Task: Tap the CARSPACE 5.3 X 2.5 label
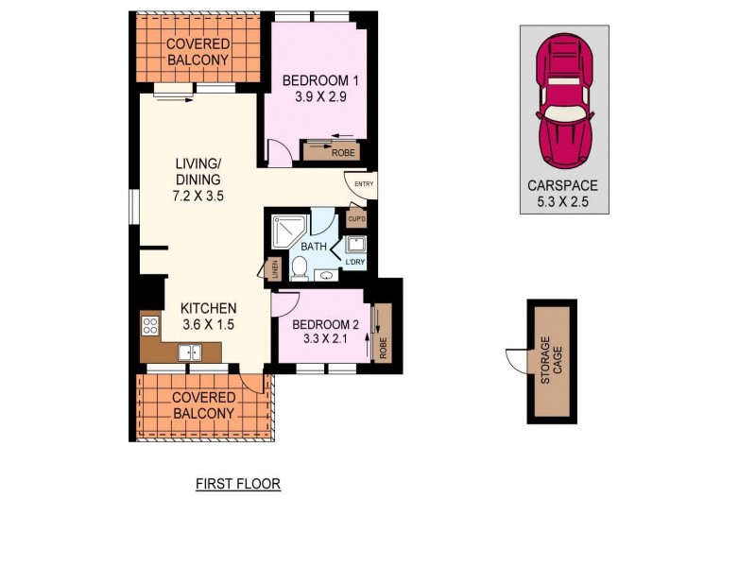(x=563, y=193)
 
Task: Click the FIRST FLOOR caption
(x=238, y=484)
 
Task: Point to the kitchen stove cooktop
(x=149, y=327)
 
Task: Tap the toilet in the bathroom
(x=299, y=269)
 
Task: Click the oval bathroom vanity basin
(x=326, y=276)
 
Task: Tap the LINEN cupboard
(x=274, y=268)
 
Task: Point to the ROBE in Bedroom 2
(x=384, y=336)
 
